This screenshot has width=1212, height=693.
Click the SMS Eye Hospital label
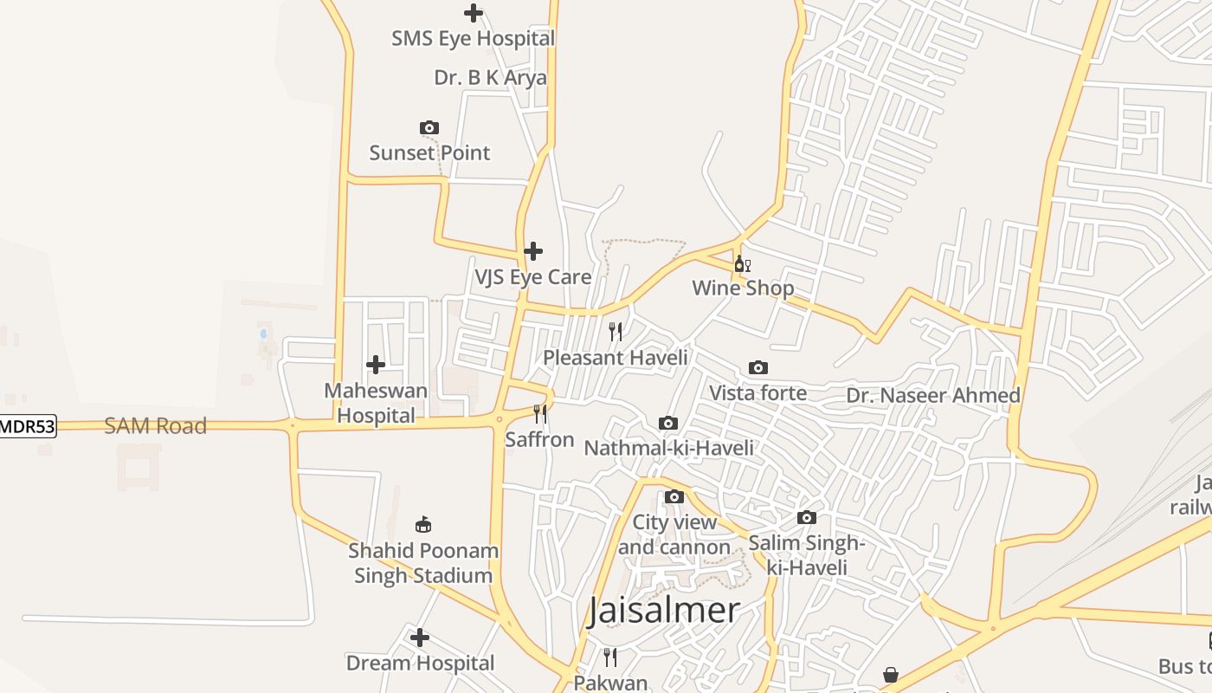(x=473, y=39)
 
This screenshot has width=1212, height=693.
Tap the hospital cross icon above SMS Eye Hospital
(x=473, y=13)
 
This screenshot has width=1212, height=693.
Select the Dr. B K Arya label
(x=490, y=78)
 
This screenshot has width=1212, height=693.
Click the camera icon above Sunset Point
(x=429, y=128)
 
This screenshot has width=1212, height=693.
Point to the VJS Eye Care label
(x=532, y=277)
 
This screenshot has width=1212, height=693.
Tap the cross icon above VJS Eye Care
(x=533, y=251)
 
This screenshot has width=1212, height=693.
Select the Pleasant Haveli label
(x=615, y=357)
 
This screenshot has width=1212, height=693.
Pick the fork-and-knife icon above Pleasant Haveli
(x=616, y=331)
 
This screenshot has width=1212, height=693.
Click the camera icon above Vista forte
(x=758, y=368)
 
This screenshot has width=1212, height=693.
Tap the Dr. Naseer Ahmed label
(x=932, y=396)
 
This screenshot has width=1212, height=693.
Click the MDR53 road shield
(x=27, y=426)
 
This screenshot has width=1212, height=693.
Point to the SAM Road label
(x=156, y=426)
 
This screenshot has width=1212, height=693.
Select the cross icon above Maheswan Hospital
(x=376, y=365)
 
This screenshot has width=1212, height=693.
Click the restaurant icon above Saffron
(x=540, y=414)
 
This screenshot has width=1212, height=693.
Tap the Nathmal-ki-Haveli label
(x=668, y=448)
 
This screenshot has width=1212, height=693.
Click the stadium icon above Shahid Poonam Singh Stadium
(x=423, y=524)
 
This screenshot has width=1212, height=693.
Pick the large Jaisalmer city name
(x=664, y=611)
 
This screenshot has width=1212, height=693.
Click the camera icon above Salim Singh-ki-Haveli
(x=807, y=518)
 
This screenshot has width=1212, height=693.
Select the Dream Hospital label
(x=420, y=664)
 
